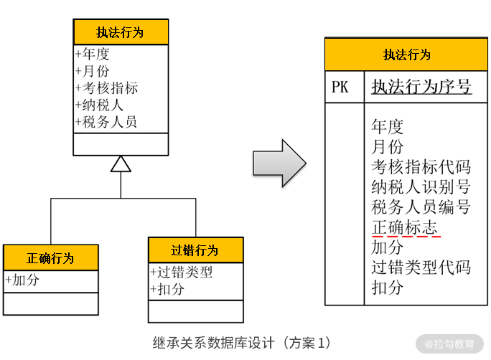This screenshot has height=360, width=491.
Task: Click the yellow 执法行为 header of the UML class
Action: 121,32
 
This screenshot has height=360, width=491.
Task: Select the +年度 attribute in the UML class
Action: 92,54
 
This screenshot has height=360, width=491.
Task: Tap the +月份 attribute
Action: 92,71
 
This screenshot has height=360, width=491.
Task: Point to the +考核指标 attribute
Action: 106,88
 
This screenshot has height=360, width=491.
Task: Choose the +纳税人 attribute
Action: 99,105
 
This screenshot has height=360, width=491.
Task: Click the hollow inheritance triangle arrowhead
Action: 121,164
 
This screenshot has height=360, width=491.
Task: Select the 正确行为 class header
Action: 50,257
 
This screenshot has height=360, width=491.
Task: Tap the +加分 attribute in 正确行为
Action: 22,280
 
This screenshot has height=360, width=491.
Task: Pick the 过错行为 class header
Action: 195,250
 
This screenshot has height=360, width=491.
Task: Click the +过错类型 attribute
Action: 182,273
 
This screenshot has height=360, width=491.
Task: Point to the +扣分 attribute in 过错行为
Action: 167,290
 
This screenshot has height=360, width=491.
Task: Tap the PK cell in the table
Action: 340,87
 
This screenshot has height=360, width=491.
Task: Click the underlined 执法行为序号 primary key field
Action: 421,87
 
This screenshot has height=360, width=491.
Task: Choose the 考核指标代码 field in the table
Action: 421,167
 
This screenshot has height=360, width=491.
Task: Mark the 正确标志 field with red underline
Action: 405,227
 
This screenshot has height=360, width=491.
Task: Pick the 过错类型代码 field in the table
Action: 421,267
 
